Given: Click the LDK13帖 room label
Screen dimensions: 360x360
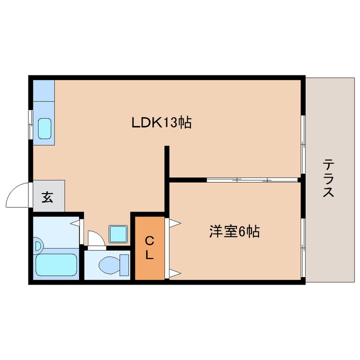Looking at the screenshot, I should click(161, 122).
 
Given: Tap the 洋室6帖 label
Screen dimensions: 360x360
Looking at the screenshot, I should click(234, 231).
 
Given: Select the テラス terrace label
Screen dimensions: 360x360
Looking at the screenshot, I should click(328, 178).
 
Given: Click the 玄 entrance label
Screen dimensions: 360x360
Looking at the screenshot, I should click(47, 197).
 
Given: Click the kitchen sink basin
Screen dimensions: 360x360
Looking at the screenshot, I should click(45, 128).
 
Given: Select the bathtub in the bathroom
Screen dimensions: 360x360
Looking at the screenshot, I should click(56, 265).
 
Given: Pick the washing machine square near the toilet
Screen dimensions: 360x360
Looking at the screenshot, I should click(118, 232).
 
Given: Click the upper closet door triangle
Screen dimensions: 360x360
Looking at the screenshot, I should click(174, 223).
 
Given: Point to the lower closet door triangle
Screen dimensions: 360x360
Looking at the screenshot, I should click(174, 273).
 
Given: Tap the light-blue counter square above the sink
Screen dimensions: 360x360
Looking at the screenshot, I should click(43, 90).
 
